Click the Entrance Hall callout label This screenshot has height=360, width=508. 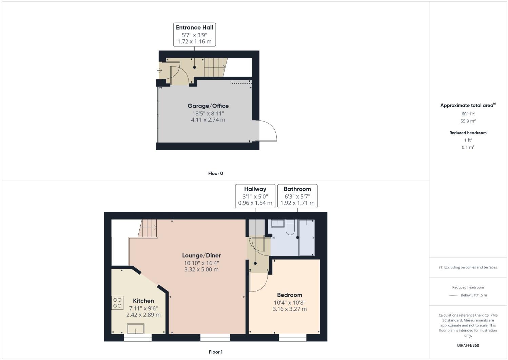point(194,27)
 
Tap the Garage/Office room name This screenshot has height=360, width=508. point(208,106)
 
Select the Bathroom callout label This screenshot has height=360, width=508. point(297,189)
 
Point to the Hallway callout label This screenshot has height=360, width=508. point(255,189)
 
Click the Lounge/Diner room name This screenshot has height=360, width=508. point(201,255)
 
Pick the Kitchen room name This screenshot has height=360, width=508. point(143,301)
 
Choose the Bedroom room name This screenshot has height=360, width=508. point(289,295)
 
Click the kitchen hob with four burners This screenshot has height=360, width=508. point(117,303)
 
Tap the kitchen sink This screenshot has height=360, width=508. point(136,329)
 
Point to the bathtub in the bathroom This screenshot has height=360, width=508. point(306,238)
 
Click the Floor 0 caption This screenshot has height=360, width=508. point(215,173)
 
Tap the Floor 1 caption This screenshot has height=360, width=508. point(215,352)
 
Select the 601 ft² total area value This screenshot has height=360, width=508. point(468,114)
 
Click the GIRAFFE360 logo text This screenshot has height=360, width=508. point(468,345)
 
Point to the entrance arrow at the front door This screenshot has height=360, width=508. point(160,71)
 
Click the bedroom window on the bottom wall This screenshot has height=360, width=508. point(293,338)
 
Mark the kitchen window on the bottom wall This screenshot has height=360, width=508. point(138,338)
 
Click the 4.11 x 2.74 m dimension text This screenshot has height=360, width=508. point(208,120)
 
